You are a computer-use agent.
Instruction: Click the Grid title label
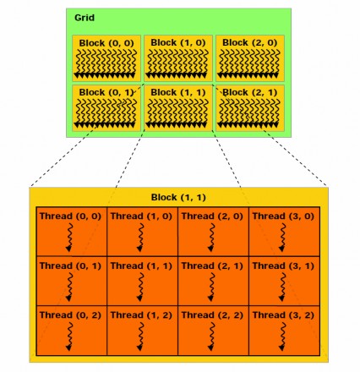(x=85, y=18)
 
